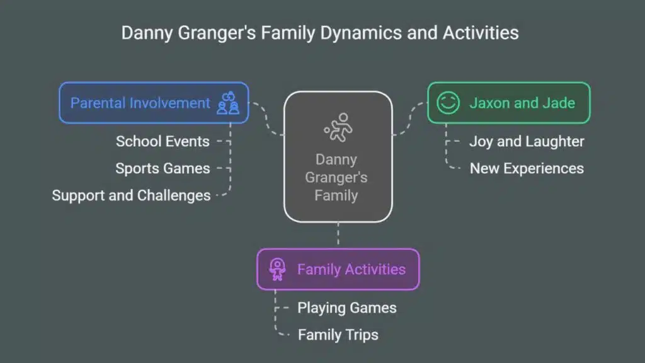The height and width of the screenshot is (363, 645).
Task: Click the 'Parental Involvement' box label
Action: point(140,103)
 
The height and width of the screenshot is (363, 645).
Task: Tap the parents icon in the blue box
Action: point(228,103)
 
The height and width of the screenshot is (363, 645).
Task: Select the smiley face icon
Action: point(448,103)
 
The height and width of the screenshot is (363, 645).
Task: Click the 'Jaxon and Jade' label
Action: point(522,103)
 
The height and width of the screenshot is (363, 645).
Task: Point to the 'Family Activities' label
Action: point(351,269)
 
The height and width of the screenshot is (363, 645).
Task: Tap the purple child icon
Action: point(277,270)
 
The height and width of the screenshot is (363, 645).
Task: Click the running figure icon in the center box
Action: point(338,127)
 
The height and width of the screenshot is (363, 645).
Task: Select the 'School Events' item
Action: point(163,142)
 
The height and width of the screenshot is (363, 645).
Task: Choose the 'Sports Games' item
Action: point(163,168)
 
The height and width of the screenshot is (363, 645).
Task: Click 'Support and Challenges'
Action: point(131,195)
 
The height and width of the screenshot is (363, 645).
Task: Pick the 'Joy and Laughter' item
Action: point(527,142)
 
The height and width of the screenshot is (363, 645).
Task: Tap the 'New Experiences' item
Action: point(527,168)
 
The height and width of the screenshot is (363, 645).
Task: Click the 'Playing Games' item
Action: point(347,308)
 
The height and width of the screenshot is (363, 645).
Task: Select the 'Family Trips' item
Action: point(338,335)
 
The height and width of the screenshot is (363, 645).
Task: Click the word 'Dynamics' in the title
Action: point(361,33)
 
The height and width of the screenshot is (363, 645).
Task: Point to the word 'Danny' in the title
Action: point(147,33)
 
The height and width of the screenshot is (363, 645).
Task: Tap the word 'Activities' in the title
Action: point(481,33)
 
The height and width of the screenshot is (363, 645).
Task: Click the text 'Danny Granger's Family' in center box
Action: point(336,177)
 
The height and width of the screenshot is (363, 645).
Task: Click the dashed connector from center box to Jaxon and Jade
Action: point(409,119)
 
